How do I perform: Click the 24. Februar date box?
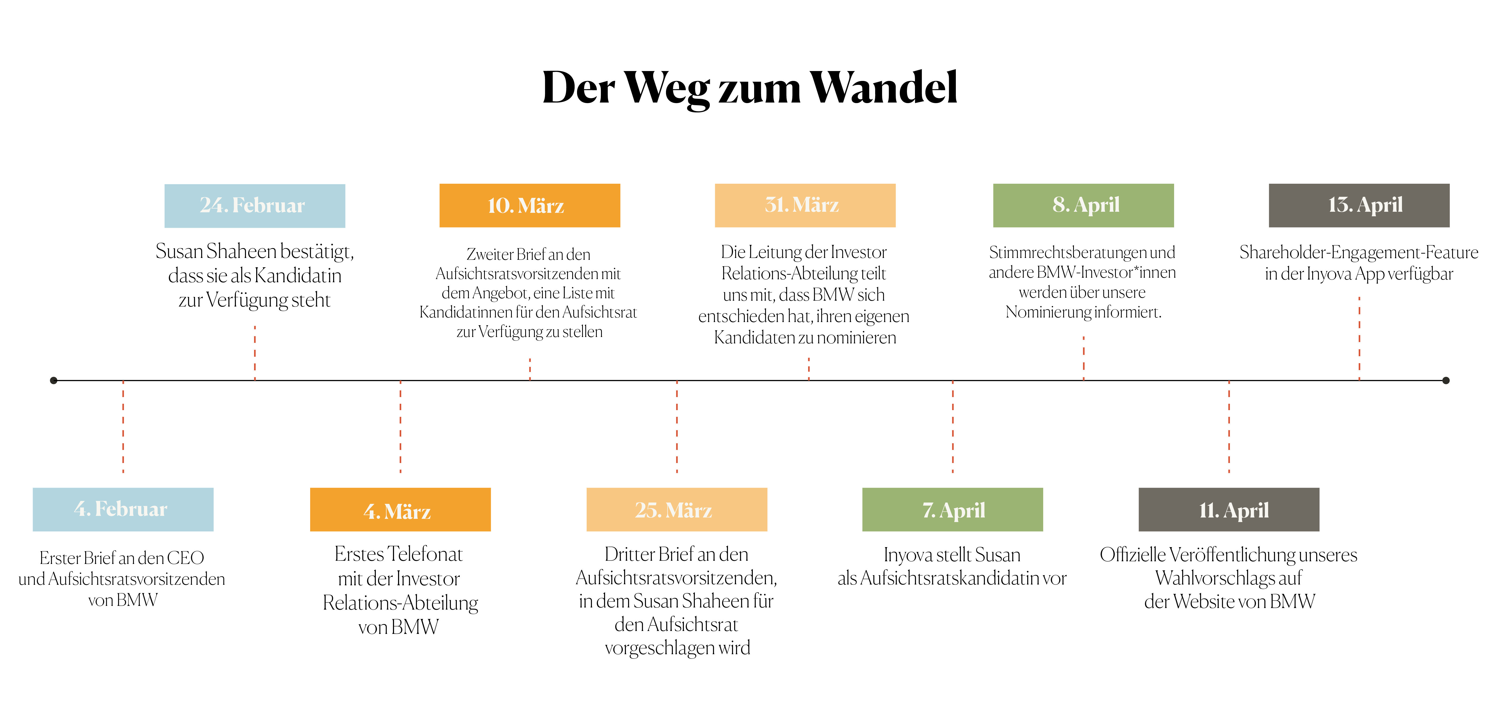(x=255, y=205)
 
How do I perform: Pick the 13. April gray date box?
(x=1359, y=205)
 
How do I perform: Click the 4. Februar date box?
(x=123, y=509)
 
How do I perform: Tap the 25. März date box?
(x=677, y=509)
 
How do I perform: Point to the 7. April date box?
(x=953, y=509)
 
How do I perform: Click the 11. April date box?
(x=1229, y=509)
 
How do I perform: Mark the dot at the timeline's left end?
(x=54, y=381)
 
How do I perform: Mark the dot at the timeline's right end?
(x=1446, y=381)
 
